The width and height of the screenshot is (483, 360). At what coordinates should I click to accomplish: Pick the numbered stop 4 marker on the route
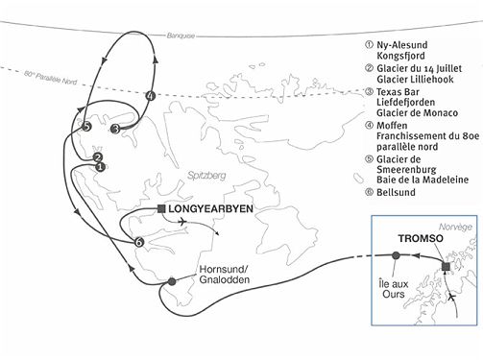[150, 96]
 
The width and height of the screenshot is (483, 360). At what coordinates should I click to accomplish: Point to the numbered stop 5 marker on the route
[86, 126]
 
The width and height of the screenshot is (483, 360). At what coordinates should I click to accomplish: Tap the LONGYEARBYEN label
[210, 206]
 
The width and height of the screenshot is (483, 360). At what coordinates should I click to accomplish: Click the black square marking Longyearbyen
[161, 206]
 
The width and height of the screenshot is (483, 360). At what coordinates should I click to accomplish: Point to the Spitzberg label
[212, 177]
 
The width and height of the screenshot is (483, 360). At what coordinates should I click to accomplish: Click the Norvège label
[453, 227]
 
